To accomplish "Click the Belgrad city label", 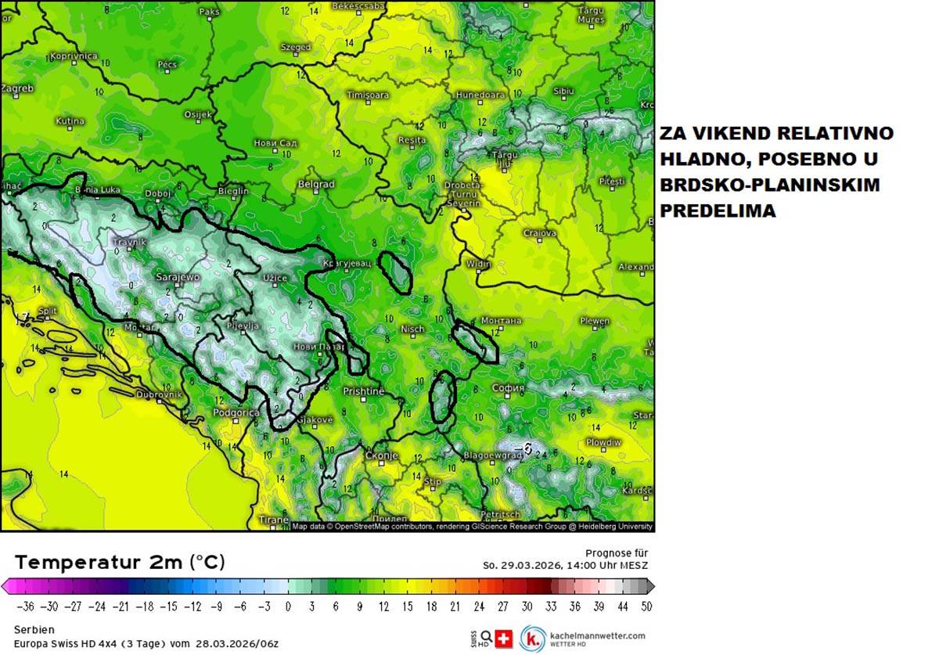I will tap(316, 185).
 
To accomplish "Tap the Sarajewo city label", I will tap(178, 277).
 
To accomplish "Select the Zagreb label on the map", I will tap(17, 88).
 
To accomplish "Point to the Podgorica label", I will tap(236, 412).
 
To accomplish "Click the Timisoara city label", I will tap(367, 95).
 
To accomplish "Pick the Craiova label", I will tap(540, 233).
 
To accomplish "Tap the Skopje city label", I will tap(382, 455).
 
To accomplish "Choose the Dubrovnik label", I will tap(159, 394).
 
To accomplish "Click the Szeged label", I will tap(296, 48).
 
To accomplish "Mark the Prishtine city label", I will tap(364, 390).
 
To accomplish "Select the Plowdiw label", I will tap(603, 442).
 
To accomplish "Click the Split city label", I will tap(47, 311).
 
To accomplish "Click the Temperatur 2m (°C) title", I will tap(120, 562).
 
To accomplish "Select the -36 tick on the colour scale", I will tap(27, 606).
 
